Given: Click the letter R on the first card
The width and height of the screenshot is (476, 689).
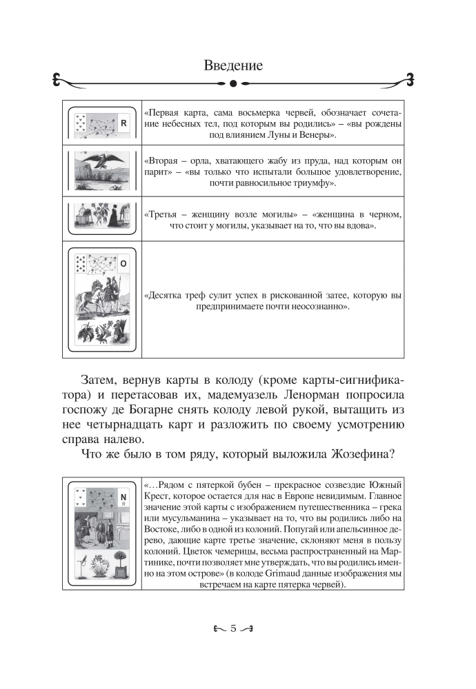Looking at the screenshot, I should click(123, 124).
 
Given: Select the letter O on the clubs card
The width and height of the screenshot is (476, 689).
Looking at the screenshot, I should click(123, 264).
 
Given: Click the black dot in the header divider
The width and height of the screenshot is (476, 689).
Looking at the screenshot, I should click(233, 84).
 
